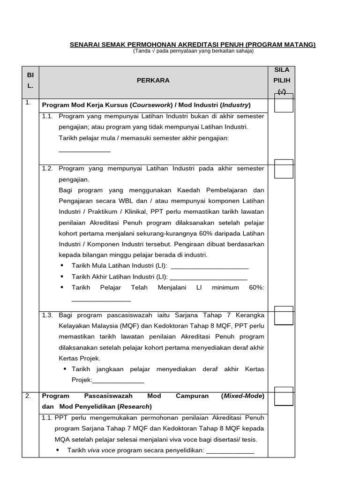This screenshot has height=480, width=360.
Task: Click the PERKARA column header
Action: [153, 81]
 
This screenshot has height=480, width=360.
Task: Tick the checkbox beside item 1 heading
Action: [284, 104]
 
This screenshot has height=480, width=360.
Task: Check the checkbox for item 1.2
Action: [284, 170]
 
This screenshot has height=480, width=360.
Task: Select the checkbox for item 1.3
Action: [284, 316]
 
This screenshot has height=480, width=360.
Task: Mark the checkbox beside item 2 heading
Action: [284, 397]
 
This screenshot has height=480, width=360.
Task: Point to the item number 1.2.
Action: [47, 168]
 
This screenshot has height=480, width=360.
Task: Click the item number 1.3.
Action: [47, 315]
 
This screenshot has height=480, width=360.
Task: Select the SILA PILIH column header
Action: [281, 81]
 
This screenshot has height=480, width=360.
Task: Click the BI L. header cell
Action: [30, 81]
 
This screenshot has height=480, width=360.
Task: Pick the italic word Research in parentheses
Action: [136, 406]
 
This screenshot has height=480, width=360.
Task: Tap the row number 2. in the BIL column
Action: [28, 396]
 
